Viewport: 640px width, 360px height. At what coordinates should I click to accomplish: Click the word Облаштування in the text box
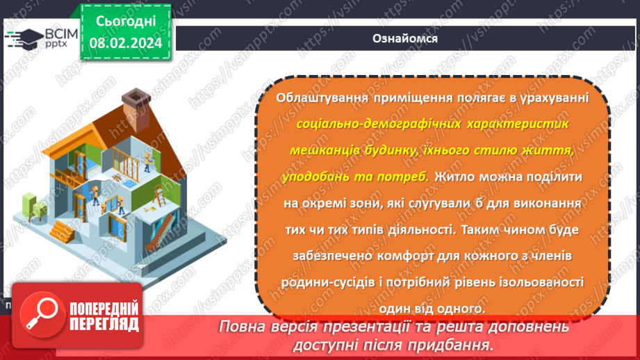tap(320, 98)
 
